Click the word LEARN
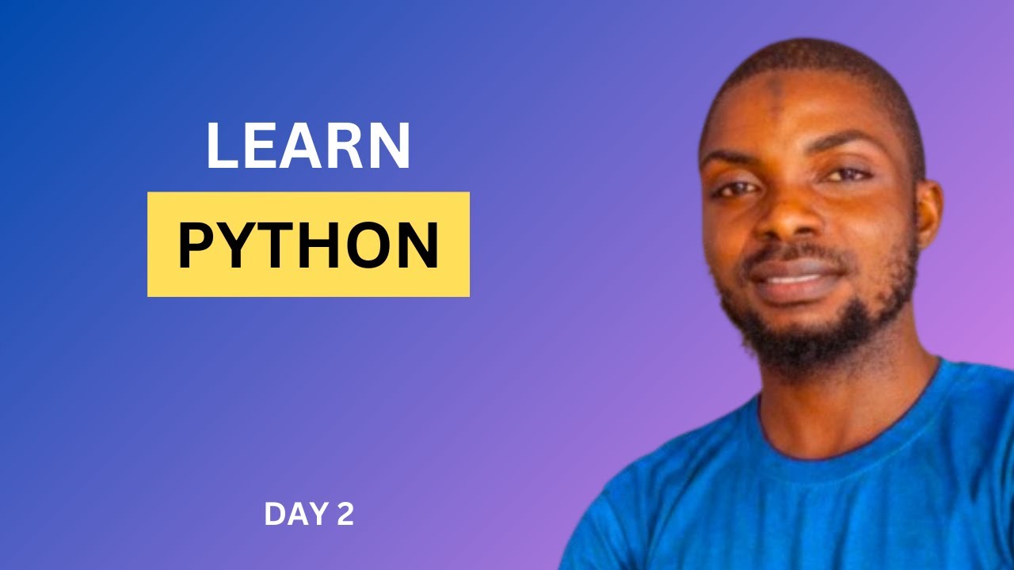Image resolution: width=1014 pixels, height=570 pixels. pos(308,146)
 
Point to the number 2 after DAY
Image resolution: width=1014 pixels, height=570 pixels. pos(345,515)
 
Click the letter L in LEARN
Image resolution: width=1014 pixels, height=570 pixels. pos(223,146)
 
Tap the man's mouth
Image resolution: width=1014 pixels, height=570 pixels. pos(792,273)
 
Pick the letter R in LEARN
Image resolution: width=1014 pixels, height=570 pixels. pos(349,146)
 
